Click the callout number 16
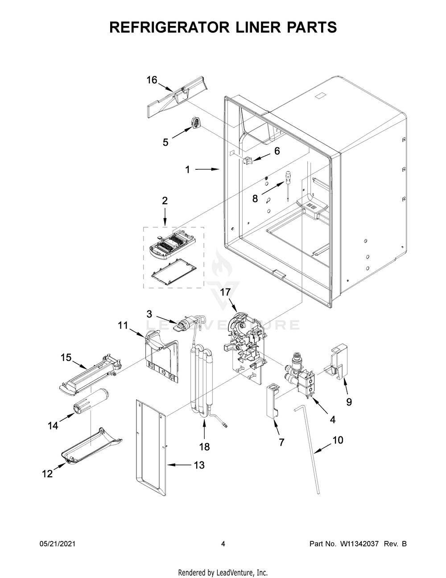[x=152, y=80]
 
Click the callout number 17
[x=225, y=293]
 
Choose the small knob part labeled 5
[x=196, y=122]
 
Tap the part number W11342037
[x=359, y=544]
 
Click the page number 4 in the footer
[x=223, y=544]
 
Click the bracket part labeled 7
[x=273, y=400]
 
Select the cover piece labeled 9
[x=335, y=360]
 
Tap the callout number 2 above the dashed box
[x=165, y=201]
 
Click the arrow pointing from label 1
[x=207, y=169]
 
